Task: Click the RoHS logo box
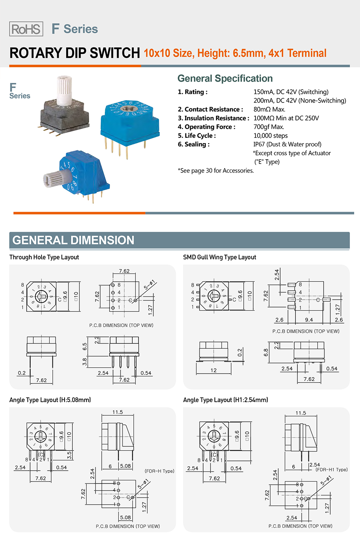26,29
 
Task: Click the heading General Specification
225,79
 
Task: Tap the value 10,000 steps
270,136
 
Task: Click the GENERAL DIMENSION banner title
73,240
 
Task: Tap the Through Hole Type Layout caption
44,257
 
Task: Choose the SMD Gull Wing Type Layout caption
220,257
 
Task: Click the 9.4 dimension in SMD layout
309,320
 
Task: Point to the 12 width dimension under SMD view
213,370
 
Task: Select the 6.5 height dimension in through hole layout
85,347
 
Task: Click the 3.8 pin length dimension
85,362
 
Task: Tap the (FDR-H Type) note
159,471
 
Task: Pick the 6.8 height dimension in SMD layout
266,352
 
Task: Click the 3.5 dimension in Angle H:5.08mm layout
69,455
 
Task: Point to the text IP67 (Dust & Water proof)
287,144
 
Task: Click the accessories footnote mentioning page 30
216,171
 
